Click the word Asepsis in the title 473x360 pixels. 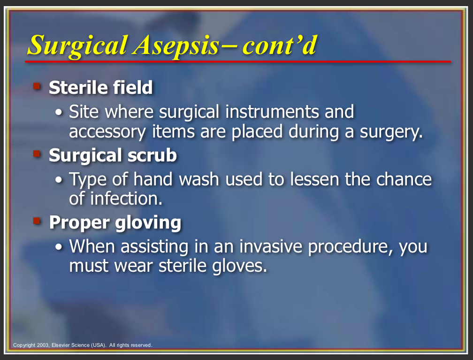[x=176, y=46]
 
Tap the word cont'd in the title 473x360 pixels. [x=280, y=45]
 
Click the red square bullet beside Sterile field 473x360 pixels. [x=37, y=86]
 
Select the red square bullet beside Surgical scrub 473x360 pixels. [x=37, y=154]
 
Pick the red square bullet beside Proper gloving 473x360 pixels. [x=37, y=221]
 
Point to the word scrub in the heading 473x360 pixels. [x=152, y=155]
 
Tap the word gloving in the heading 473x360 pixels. [x=148, y=223]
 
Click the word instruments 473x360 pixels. [x=272, y=112]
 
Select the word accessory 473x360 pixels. [x=107, y=132]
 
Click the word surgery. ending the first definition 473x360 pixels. [x=391, y=132]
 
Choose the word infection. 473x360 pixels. [x=126, y=199]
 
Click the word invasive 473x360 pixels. [x=271, y=246]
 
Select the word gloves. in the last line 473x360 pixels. [x=239, y=266]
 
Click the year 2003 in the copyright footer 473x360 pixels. [x=43, y=345]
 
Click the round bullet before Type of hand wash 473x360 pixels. [x=59, y=180]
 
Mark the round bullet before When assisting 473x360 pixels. [x=59, y=247]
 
